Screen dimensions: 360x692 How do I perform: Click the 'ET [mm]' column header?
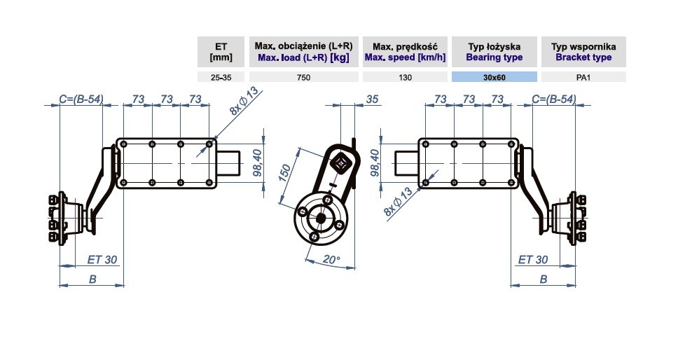coord(221,52)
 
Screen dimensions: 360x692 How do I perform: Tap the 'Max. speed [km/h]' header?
coord(404,52)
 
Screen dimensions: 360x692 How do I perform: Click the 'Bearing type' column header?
coord(494,52)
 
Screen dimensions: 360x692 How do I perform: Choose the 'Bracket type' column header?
coord(583,52)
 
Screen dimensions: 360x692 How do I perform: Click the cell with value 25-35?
coord(221,77)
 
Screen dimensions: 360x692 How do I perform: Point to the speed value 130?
coord(404,77)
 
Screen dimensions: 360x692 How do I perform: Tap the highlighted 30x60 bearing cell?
coord(494,77)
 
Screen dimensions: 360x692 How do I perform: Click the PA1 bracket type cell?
coord(583,77)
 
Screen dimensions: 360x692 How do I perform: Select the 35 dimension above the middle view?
coord(372,99)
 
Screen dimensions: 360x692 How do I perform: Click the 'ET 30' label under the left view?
coord(102,260)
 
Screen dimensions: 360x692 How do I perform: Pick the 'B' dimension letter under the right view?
coord(544,279)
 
